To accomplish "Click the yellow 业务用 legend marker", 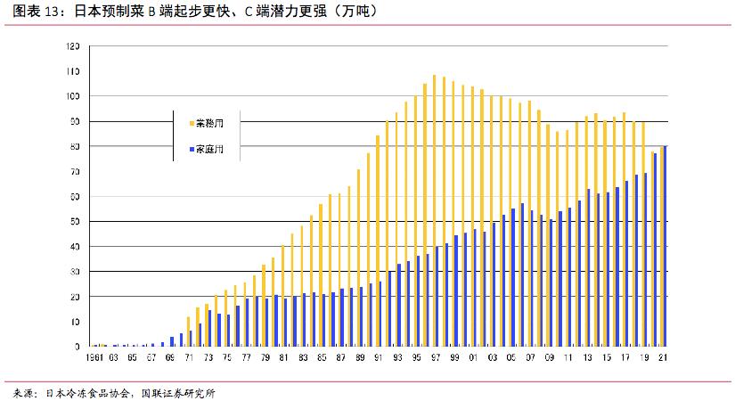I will click(191, 123).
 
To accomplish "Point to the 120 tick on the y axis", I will click(73, 46).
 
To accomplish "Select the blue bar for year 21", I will click(665, 246).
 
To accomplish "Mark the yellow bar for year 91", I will click(377, 241).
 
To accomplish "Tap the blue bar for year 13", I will click(589, 267).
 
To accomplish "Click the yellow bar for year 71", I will click(188, 331).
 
